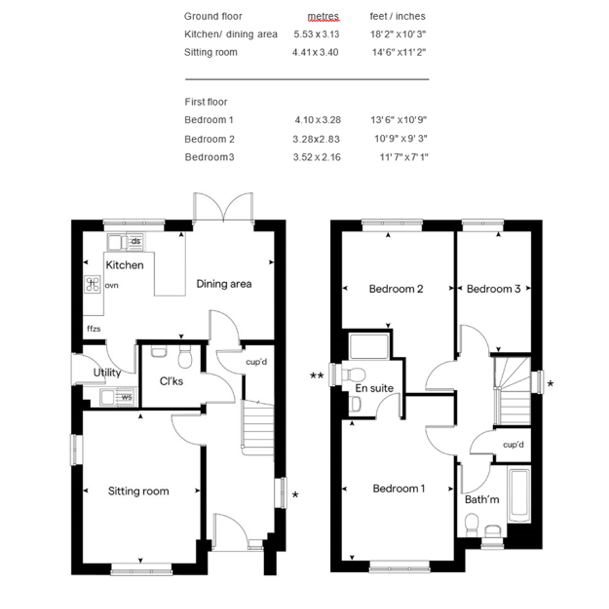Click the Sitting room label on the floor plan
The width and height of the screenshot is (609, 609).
[139, 491]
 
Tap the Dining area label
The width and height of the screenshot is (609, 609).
[224, 284]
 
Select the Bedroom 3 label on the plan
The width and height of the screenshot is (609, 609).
[493, 289]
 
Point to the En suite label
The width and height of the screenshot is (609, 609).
[374, 388]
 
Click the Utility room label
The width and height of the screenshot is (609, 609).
[107, 373]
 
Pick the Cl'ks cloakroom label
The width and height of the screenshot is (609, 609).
[171, 382]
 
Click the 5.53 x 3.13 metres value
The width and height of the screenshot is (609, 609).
[316, 34]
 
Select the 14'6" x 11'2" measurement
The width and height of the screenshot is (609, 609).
[399, 52]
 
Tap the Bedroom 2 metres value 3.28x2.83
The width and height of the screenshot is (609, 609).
[316, 139]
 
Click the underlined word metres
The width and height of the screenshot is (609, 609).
[323, 16]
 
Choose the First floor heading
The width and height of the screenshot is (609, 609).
[206, 102]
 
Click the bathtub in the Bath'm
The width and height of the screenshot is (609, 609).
[519, 496]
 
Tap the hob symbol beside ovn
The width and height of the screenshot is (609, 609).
[93, 284]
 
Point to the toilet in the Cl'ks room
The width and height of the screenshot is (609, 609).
[185, 357]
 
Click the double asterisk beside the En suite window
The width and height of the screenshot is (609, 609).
[317, 376]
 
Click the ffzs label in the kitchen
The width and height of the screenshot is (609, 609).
[93, 329]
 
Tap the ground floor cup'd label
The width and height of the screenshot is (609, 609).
[256, 362]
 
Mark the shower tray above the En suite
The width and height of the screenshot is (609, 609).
[369, 346]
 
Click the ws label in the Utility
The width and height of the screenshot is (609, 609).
[126, 398]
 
